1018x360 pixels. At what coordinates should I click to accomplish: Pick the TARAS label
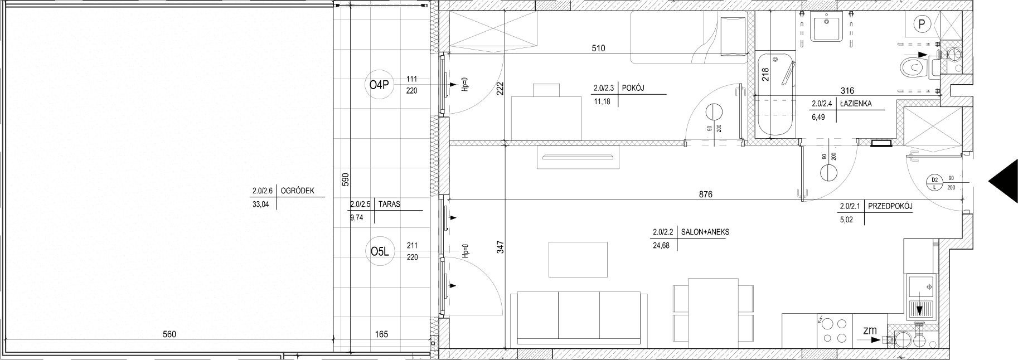pyautogui.click(x=389, y=205)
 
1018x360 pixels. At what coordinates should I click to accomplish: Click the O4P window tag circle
pyautogui.click(x=379, y=85)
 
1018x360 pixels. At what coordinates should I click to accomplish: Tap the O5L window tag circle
pyautogui.click(x=379, y=252)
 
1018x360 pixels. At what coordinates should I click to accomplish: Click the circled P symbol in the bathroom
pyautogui.click(x=922, y=24)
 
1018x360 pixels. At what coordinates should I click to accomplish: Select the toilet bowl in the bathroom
pyautogui.click(x=915, y=68)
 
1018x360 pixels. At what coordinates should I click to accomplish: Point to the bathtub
pyautogui.click(x=774, y=95)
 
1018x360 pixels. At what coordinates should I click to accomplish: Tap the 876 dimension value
pyautogui.click(x=705, y=194)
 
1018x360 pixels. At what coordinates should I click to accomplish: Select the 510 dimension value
pyautogui.click(x=598, y=48)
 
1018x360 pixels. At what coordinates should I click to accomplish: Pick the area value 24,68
pyautogui.click(x=662, y=245)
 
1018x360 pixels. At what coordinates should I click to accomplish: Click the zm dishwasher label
pyautogui.click(x=870, y=330)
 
